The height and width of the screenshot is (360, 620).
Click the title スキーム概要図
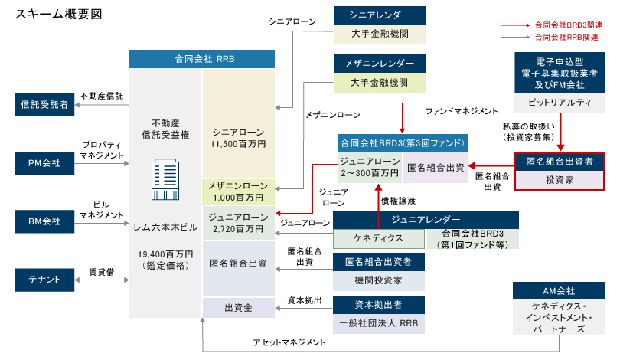point(58,15)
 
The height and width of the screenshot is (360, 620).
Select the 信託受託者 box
point(44,105)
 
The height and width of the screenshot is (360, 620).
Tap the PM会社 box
point(44,163)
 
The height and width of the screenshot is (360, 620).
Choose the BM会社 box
point(44,221)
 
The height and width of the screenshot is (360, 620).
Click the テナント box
point(44,280)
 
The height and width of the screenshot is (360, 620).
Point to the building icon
point(165,179)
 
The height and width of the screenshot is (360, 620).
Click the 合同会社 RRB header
point(202,59)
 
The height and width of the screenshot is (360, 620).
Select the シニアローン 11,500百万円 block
point(238,123)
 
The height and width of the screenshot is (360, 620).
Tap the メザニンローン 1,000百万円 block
point(238,191)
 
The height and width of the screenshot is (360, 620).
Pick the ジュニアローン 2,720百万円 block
point(238,223)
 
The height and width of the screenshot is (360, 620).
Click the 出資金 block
point(238,308)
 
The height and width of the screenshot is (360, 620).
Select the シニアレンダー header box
point(380,15)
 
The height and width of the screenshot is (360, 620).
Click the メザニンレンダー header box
point(380,64)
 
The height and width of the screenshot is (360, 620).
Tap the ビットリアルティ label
point(560,103)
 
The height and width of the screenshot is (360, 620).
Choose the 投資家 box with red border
point(560,180)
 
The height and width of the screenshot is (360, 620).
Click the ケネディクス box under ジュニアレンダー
point(378,238)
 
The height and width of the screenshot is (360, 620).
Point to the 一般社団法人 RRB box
point(378,323)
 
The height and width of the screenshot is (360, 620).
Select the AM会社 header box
point(559,291)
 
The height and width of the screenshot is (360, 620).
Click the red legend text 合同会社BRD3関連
point(569,25)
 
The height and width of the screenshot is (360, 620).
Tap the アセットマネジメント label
point(289,342)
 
